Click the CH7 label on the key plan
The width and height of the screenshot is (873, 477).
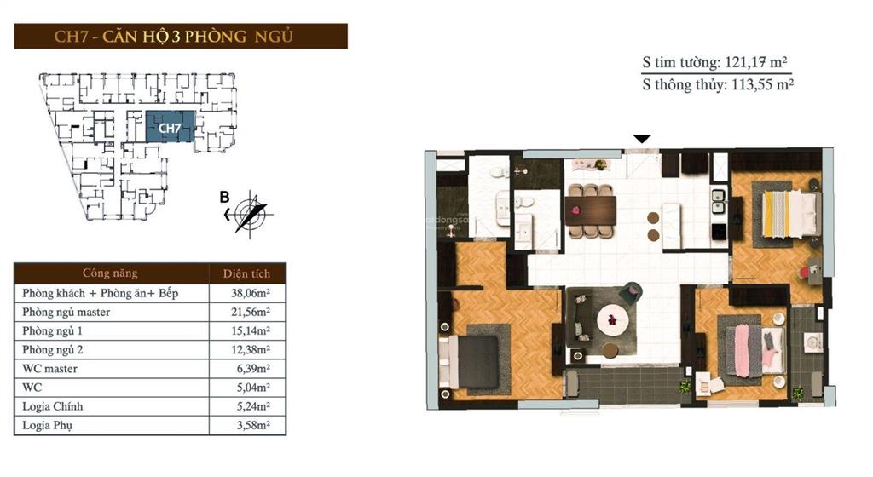pos(170,128)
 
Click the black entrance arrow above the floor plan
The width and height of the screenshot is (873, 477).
pos(642,139)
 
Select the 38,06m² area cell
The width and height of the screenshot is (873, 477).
pos(251,293)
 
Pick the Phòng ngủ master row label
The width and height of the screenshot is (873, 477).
pos(66,312)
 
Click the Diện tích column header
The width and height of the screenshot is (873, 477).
pos(246,273)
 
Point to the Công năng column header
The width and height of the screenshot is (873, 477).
pos(110,273)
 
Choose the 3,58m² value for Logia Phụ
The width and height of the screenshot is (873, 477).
pos(253,425)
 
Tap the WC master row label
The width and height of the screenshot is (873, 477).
pos(49,369)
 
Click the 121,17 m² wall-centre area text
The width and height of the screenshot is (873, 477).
pos(756,61)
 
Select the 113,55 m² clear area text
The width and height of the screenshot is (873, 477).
pos(762,84)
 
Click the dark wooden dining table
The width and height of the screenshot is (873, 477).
pos(590,210)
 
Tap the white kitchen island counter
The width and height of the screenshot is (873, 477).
pos(671,226)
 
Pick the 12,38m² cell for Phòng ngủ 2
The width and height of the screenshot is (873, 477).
pos(251,350)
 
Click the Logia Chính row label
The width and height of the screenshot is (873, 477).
pos(52,406)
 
